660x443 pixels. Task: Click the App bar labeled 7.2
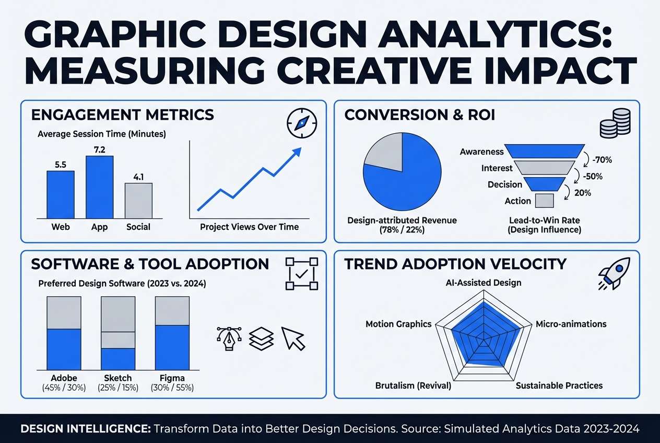pyautogui.click(x=99, y=186)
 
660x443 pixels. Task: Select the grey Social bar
pyautogui.click(x=138, y=201)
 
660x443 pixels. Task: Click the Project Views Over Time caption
pyautogui.click(x=249, y=227)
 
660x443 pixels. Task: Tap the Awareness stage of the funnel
pyautogui.click(x=546, y=151)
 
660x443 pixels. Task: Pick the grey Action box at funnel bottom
pyautogui.click(x=544, y=201)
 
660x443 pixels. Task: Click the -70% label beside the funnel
pyautogui.click(x=600, y=159)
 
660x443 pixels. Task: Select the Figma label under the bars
pyautogui.click(x=172, y=378)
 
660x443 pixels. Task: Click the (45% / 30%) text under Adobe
pyautogui.click(x=64, y=388)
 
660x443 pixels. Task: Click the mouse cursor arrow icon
pyautogui.click(x=293, y=338)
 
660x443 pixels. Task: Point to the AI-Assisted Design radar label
pyautogui.click(x=483, y=283)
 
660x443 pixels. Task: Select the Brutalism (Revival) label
pyautogui.click(x=413, y=386)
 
